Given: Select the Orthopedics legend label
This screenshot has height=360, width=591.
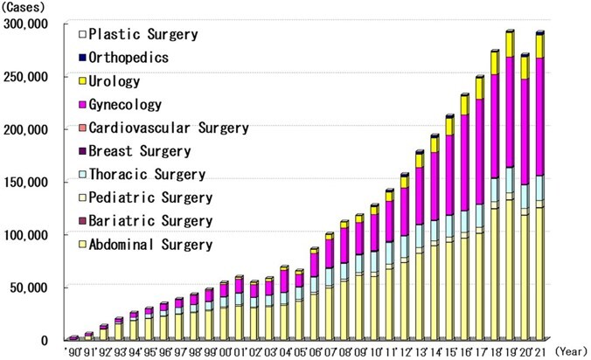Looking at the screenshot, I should click(x=136, y=59).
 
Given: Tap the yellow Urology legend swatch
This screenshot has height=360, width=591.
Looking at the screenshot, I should click(x=83, y=82).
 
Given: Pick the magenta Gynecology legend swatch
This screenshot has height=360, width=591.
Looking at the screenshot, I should click(x=83, y=105).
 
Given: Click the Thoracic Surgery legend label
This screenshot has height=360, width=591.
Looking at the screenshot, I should click(x=149, y=175).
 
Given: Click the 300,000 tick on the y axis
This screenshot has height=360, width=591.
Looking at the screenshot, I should click(x=27, y=24).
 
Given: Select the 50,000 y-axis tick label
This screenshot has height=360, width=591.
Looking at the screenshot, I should click(x=31, y=287).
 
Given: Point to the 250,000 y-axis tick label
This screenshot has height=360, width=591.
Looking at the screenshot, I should click(x=27, y=76).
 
